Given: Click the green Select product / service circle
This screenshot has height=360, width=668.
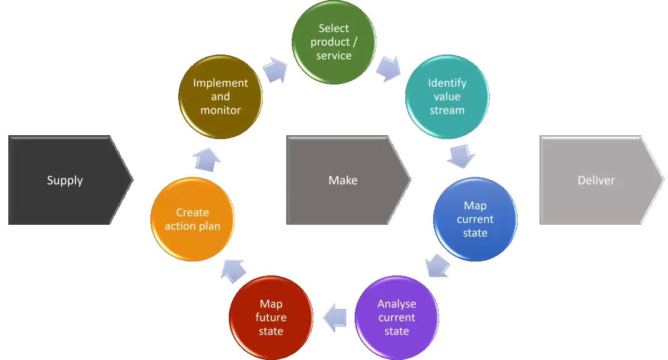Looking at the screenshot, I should (x=333, y=42).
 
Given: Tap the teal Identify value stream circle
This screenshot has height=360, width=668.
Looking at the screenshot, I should (x=446, y=96).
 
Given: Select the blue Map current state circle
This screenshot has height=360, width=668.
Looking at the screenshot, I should (x=475, y=219).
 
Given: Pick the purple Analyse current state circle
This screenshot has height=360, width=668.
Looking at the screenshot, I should (x=396, y=317).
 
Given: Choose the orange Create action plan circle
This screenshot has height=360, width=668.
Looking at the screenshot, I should (x=193, y=219).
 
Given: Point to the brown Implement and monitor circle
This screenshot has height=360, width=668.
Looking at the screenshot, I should (x=220, y=96).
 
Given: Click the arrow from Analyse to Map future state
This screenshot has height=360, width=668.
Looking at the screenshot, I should (x=335, y=317).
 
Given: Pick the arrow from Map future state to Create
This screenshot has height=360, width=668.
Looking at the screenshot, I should (x=232, y=269).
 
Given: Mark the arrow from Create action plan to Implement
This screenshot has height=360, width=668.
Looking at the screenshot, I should (x=205, y=158).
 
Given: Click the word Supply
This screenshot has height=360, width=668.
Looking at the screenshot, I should (x=65, y=180).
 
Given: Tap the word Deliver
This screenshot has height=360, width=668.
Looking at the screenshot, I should (x=596, y=180).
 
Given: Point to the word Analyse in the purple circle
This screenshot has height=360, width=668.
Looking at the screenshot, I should (x=396, y=304).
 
